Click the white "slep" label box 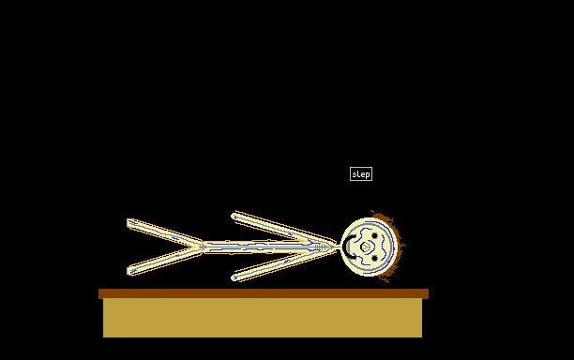coord(361,174)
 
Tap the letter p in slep coord(367,175)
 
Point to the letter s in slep coord(354,174)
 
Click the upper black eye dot coord(374,236)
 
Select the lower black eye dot coord(374,259)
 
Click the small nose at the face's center coord(365,247)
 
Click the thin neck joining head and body coord(338,247)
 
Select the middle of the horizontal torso coord(269,247)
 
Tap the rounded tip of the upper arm coord(234,217)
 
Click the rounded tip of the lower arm coord(234,277)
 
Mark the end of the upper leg coord(130,223)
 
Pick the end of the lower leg coord(130,271)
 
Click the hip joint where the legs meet coord(202,247)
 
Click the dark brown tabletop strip coord(264,293)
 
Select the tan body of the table coord(263,318)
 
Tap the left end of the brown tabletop coord(98,293)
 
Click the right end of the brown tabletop coord(429,293)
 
